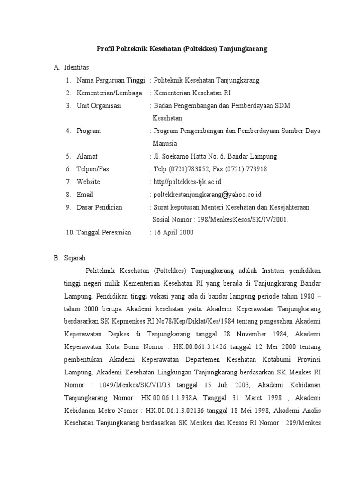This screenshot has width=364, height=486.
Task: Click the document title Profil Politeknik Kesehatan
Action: pyautogui.click(x=182, y=49)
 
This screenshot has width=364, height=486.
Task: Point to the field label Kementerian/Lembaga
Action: pyautogui.click(x=109, y=93)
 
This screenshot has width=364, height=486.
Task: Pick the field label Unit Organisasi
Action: pyautogui.click(x=99, y=106)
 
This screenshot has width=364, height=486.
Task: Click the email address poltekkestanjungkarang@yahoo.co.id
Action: pyautogui.click(x=208, y=195)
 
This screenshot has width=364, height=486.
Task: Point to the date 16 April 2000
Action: pyautogui.click(x=173, y=233)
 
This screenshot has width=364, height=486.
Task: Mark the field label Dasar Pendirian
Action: pyautogui.click(x=100, y=207)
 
